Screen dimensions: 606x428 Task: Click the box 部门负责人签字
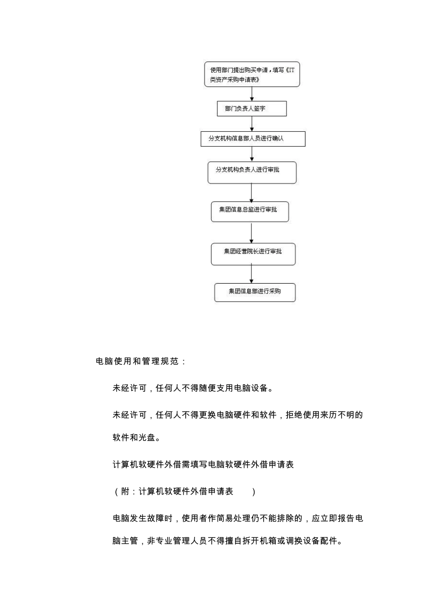251,109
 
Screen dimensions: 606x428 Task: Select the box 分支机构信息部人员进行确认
253,138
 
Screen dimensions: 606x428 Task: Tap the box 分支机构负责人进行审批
252,172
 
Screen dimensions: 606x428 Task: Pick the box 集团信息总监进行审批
250,211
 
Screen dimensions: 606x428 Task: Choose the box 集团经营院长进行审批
253,254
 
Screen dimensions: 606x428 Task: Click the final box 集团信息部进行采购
255,292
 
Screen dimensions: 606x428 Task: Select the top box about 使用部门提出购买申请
252,74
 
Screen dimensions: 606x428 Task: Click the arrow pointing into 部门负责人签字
252,94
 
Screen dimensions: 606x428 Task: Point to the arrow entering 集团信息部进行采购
251,274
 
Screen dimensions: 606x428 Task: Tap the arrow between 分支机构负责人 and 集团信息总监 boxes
251,193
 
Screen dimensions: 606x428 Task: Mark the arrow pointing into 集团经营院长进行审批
251,233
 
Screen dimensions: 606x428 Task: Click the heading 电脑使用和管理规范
141,361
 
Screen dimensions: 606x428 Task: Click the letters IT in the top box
291,70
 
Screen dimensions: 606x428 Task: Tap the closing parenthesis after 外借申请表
254,491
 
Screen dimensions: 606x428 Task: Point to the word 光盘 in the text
147,437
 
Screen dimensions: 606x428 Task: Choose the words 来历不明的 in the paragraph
341,415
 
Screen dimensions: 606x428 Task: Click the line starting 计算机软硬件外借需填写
203,464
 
